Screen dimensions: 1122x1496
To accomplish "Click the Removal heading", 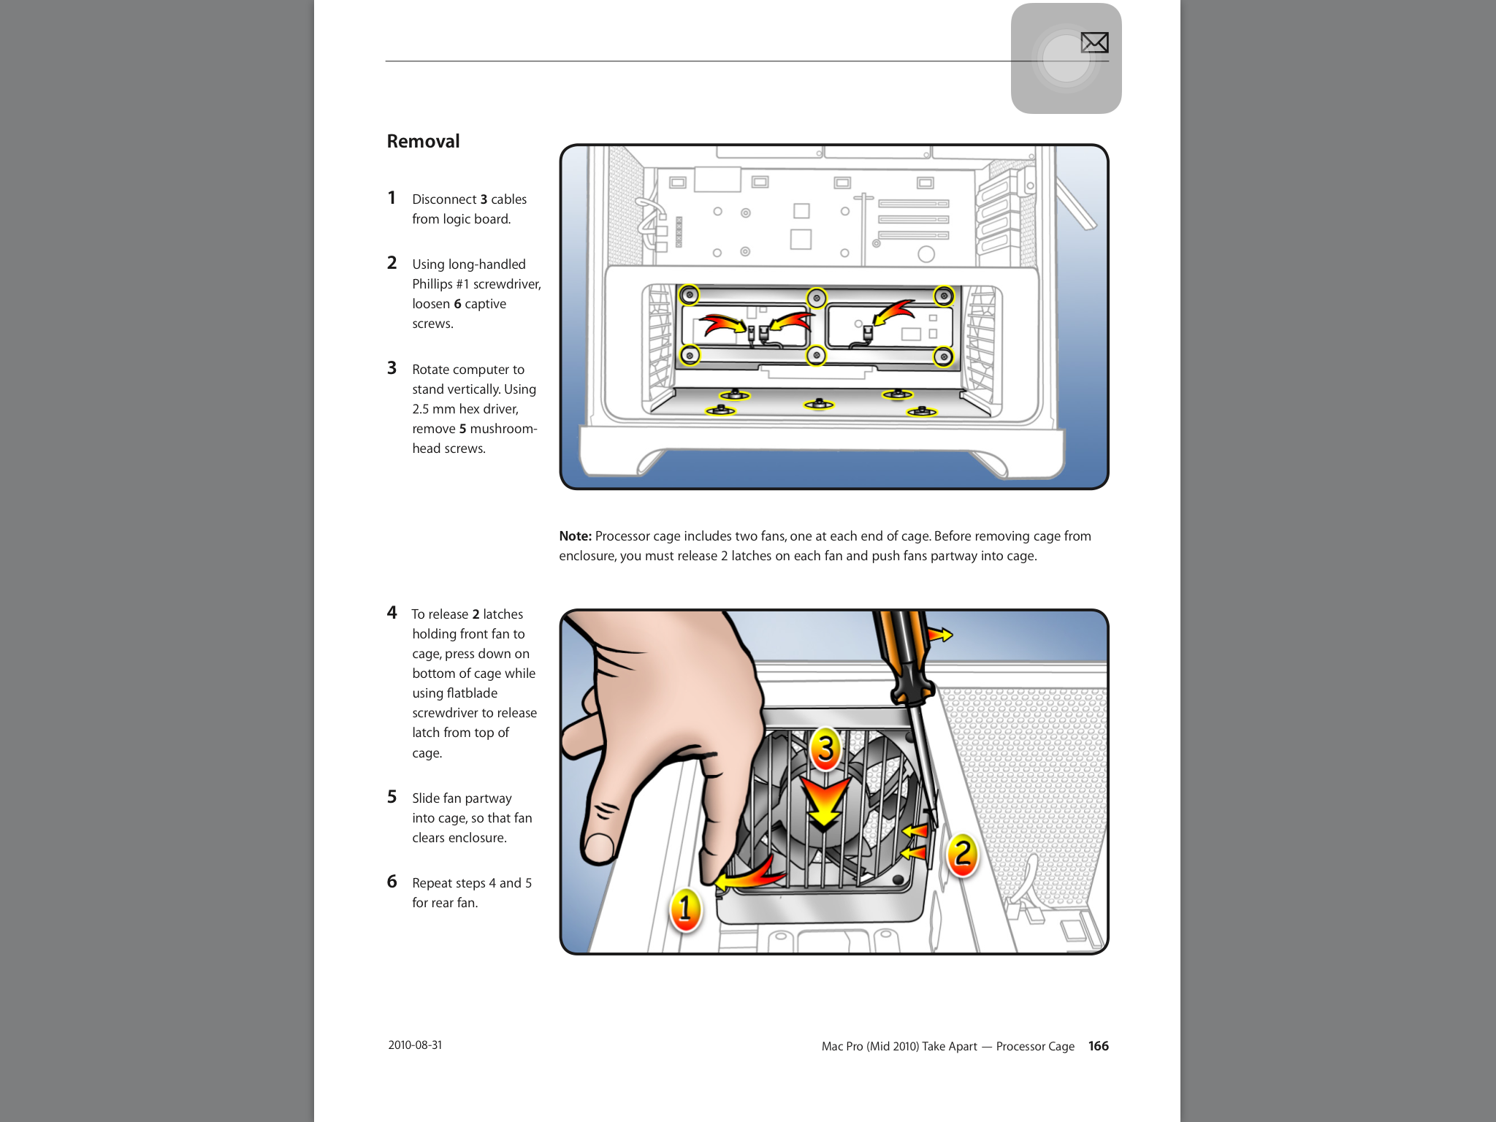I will click(423, 141).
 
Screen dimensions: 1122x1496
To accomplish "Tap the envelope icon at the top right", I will click(1094, 43).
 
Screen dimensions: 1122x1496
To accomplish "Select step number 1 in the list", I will click(392, 198).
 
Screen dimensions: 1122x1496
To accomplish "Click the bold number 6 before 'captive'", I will click(457, 304).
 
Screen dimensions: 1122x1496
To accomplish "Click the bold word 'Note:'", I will click(575, 536).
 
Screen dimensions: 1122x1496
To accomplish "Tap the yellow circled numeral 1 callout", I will click(685, 909).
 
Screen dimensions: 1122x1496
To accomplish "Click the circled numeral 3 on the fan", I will click(825, 748).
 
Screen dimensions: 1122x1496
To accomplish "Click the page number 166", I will click(1098, 1046).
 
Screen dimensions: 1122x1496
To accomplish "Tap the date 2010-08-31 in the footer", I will click(415, 1045).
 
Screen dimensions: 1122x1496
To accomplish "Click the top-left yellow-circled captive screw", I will click(689, 295).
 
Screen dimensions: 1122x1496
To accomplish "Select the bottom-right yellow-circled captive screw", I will click(944, 356).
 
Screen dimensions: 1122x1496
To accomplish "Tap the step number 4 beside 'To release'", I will click(392, 613).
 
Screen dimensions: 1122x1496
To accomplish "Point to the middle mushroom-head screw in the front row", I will click(819, 404).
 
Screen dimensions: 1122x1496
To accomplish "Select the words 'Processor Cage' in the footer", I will click(1034, 1046).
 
